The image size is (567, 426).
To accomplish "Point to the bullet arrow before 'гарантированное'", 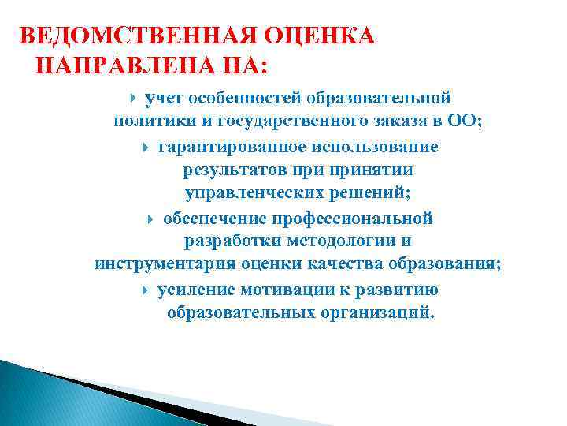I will (147, 148).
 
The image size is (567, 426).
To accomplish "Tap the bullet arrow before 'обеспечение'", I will (151, 219).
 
